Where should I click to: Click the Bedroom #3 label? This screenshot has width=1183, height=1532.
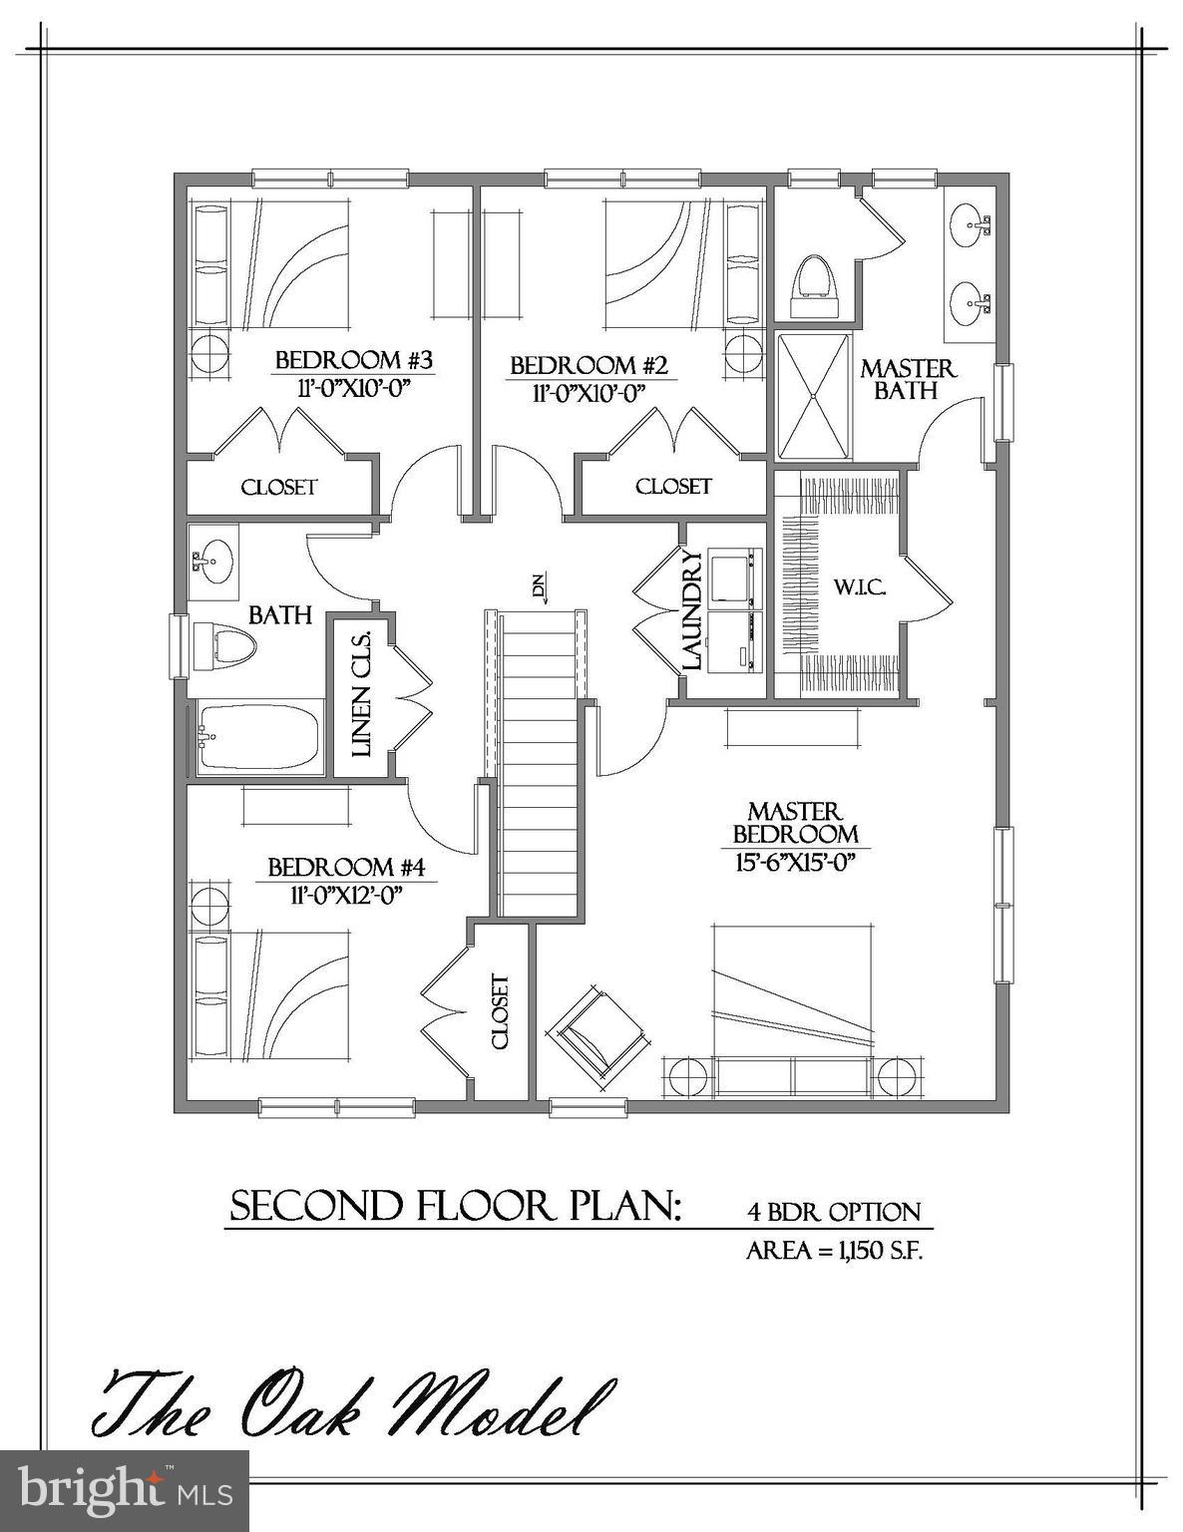[353, 359]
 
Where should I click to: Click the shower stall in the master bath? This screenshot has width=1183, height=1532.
[814, 396]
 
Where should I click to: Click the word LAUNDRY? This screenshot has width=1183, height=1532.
[693, 610]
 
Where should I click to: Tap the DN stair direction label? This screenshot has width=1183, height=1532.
[540, 588]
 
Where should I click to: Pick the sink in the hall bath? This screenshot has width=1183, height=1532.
[212, 560]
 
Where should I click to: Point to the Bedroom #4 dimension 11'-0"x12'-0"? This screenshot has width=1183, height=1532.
[346, 895]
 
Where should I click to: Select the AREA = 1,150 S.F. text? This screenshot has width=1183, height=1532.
[834, 1251]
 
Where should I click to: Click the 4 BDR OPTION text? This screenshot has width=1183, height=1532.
[834, 1213]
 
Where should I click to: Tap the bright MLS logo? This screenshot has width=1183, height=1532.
[125, 1490]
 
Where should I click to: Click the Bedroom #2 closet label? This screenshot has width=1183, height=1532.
[673, 487]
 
